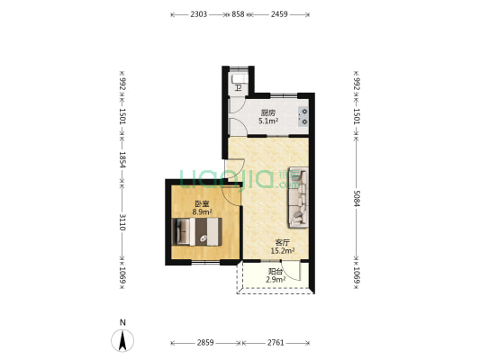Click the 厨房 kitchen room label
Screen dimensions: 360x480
(x=268, y=112)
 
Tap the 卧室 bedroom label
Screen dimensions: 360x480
(x=203, y=204)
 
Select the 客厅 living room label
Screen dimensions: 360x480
(x=283, y=242)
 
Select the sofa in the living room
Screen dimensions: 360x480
(x=296, y=197)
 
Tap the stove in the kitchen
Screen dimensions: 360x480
(x=304, y=113)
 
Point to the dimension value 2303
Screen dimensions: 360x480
(x=199, y=14)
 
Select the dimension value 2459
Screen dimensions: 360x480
(x=279, y=14)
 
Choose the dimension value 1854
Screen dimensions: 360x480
(x=122, y=163)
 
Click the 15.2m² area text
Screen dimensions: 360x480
(x=284, y=251)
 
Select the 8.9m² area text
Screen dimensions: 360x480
(x=203, y=212)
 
